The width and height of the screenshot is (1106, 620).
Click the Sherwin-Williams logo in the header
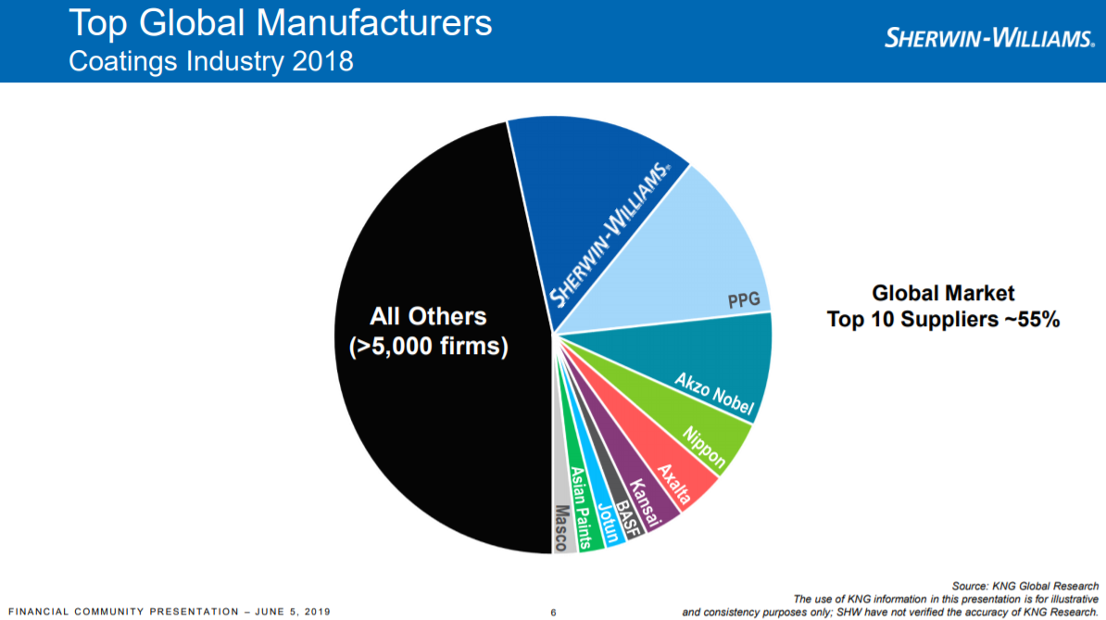(990, 38)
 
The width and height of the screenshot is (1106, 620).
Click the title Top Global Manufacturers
(281, 23)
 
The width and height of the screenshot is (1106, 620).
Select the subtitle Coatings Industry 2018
(211, 62)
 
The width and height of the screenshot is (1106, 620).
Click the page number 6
(553, 612)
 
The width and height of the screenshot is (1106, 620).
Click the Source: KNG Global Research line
(1025, 586)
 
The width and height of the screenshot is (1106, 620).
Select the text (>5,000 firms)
(428, 348)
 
